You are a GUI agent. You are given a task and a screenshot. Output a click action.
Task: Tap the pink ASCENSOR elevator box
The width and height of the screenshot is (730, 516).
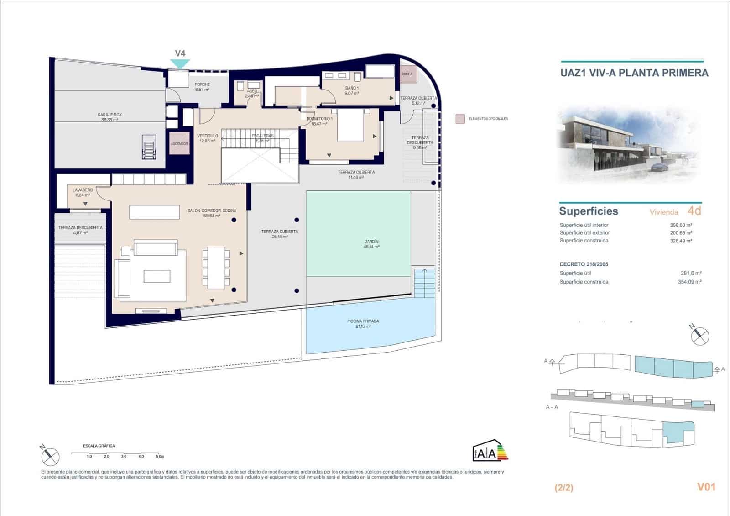tap(179, 143)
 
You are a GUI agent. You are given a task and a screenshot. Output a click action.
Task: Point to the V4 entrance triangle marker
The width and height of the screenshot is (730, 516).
tap(180, 64)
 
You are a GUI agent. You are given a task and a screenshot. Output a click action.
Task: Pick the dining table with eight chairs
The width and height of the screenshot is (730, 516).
tap(216, 268)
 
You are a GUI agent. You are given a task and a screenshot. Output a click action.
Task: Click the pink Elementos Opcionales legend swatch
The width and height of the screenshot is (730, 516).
tap(460, 119)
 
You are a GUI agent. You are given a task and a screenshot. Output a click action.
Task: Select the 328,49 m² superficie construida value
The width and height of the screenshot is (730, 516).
tap(681, 241)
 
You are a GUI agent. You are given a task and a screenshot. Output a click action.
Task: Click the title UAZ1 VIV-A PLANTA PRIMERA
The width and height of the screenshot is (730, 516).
tap(634, 73)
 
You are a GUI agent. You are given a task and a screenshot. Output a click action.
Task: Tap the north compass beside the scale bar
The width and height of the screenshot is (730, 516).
tap(50, 455)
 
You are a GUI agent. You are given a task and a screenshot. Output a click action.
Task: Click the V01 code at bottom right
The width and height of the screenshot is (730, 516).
tap(706, 487)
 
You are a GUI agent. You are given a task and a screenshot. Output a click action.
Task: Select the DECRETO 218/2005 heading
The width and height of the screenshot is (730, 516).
tap(584, 264)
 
